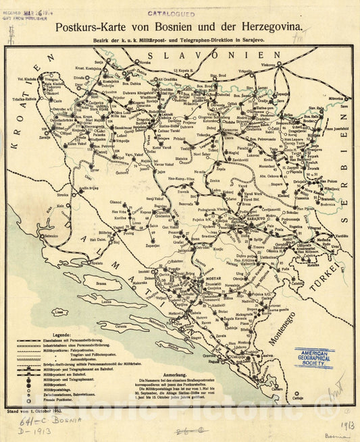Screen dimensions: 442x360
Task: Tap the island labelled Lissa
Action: pyautogui.click(x=61, y=312)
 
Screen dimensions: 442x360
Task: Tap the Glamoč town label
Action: pyautogui.click(x=116, y=202)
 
